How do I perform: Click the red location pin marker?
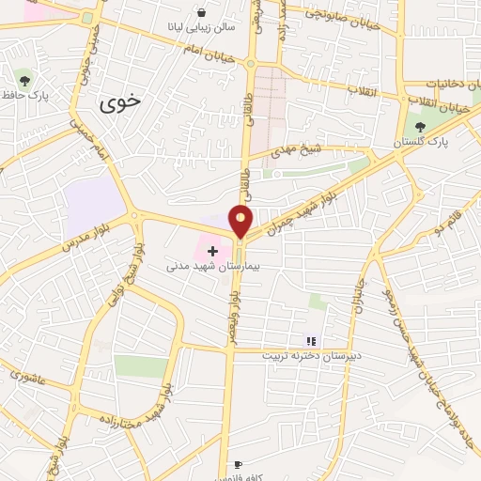(241, 221)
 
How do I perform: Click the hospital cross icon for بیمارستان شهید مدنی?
(213, 252)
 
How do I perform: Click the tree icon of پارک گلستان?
(419, 126)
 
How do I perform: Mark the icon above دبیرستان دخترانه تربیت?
(312, 341)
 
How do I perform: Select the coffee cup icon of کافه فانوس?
(238, 464)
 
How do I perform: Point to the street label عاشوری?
(28, 377)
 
